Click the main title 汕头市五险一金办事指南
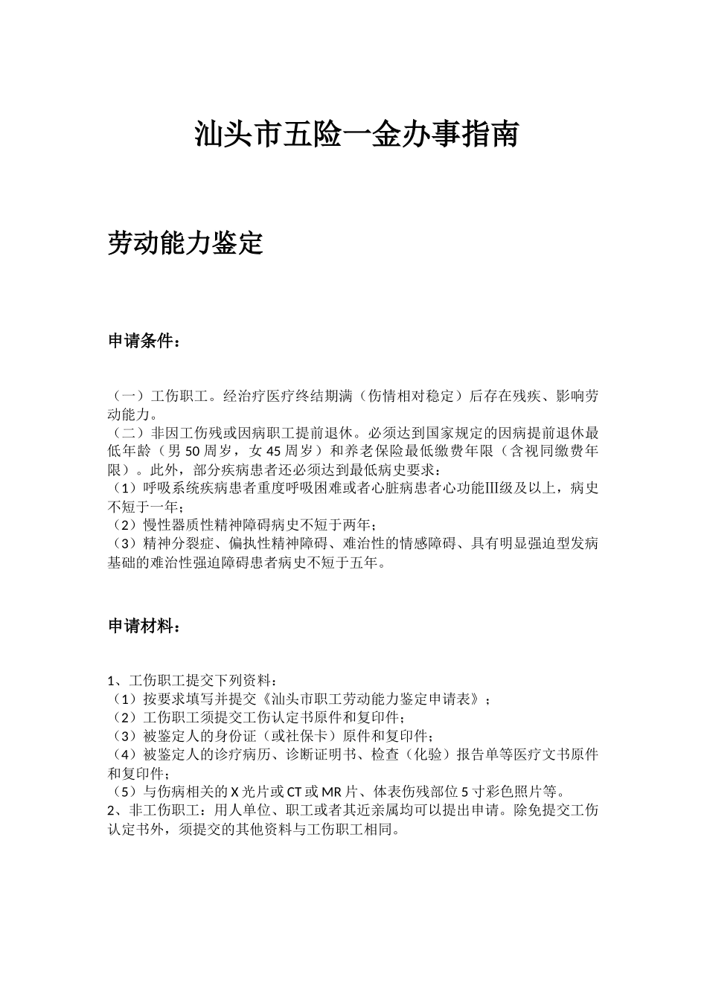pyautogui.click(x=356, y=135)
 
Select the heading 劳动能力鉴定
pyautogui.click(x=185, y=243)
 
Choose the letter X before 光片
pyautogui.click(x=234, y=791)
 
